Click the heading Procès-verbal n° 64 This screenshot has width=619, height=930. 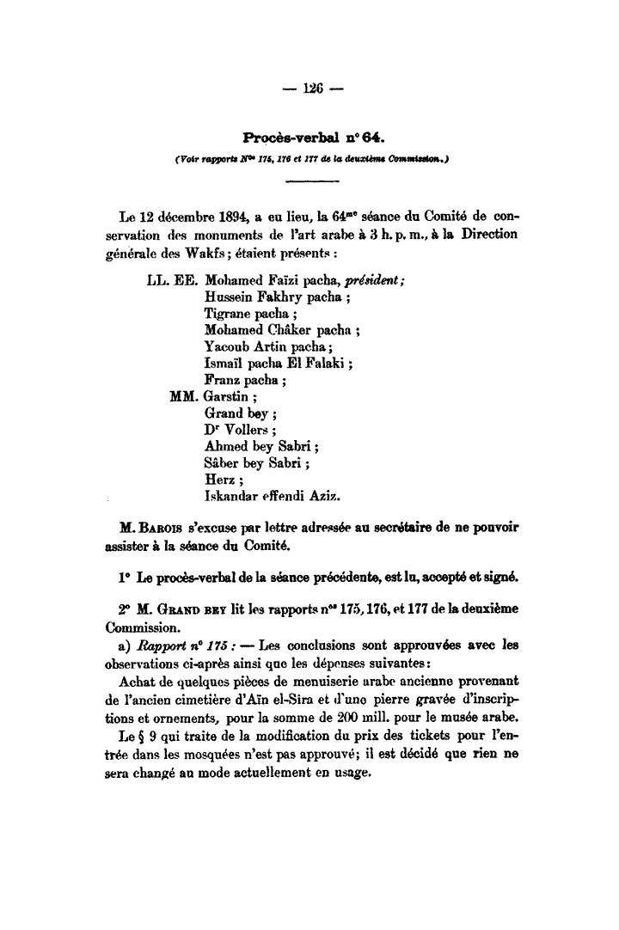pyautogui.click(x=310, y=137)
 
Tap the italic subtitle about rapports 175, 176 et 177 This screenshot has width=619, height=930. pyautogui.click(x=310, y=157)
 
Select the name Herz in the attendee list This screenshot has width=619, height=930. pyautogui.click(x=219, y=479)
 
